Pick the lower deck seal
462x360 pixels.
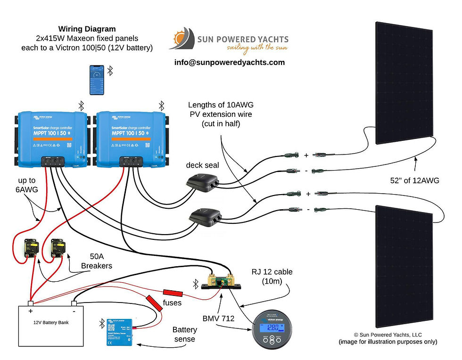pyautogui.click(x=205, y=216)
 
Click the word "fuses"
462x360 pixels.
pyautogui.click(x=172, y=303)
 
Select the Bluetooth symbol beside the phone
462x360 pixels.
pyautogui.click(x=110, y=71)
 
